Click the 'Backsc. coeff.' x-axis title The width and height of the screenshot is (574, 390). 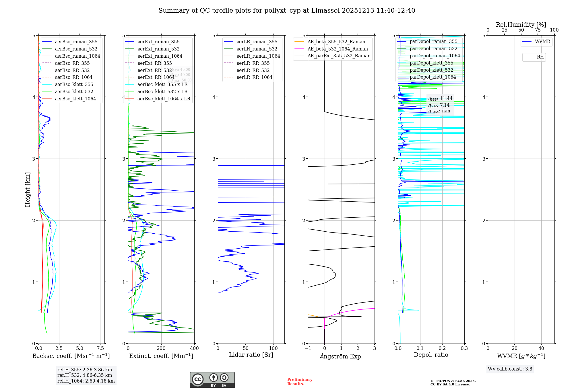71,356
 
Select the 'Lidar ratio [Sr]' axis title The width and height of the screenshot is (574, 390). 251,355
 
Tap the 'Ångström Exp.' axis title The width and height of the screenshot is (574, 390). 341,356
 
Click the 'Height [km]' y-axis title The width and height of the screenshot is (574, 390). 28,190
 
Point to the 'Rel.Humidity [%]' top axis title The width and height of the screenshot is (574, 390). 521,25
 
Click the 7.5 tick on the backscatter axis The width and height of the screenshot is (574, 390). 100,348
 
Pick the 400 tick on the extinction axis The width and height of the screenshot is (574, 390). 194,348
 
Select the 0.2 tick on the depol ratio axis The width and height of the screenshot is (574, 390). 442,348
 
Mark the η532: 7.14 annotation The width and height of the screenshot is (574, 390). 439,105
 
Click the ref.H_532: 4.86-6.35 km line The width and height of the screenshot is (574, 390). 85,375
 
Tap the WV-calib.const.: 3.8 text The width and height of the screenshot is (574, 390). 510,369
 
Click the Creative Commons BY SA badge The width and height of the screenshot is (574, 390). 212,380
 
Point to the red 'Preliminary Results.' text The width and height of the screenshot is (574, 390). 300,382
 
